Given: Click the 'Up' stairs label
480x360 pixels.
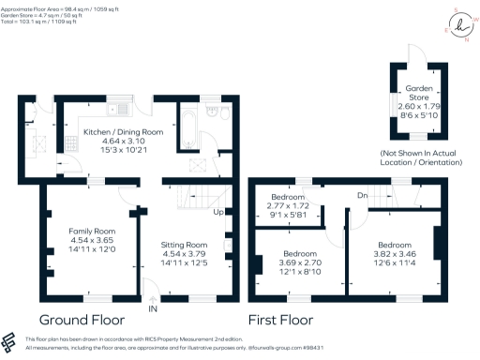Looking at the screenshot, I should click(x=219, y=212).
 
